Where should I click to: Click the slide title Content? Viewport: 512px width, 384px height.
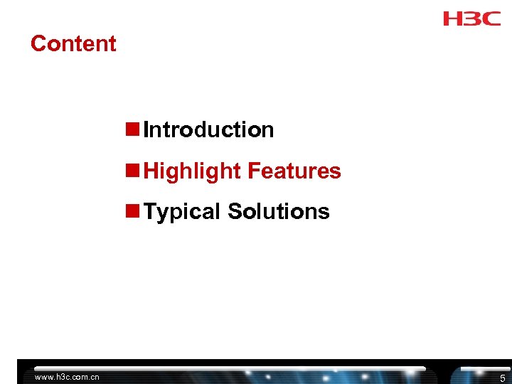(73, 43)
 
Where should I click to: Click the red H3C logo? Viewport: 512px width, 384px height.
(471, 18)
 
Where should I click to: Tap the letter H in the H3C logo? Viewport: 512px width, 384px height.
(452, 18)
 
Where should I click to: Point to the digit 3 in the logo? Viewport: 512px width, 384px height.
(471, 18)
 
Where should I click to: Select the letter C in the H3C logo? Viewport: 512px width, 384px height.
(491, 18)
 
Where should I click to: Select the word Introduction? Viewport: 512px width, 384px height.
(208, 130)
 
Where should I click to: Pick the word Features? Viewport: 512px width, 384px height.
(294, 171)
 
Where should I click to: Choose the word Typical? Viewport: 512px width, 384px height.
(182, 212)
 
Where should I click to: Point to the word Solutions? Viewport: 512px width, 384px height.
(279, 212)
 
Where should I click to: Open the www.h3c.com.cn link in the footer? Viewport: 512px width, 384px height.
(67, 377)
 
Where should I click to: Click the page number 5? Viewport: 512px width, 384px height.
(502, 378)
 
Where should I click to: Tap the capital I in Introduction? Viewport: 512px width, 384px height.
(146, 130)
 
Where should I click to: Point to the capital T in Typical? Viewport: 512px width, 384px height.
(149, 212)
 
